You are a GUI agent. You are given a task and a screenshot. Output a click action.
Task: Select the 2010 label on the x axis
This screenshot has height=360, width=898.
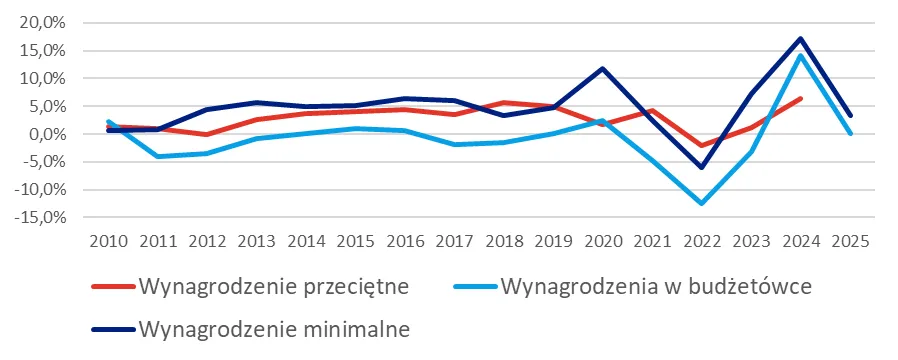click(107, 242)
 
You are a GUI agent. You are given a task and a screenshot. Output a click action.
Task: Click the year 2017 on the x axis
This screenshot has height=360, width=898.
click(455, 242)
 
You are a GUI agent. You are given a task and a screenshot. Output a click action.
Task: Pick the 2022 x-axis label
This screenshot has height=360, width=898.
click(703, 242)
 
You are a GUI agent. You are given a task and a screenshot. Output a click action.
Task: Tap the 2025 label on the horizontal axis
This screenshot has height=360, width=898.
click(851, 242)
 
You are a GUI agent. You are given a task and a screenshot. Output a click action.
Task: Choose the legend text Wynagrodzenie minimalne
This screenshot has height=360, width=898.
click(276, 327)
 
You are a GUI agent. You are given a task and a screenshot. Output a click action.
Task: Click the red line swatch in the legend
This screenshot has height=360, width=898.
click(113, 288)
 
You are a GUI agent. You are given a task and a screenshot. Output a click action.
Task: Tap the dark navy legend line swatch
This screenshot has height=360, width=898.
click(113, 328)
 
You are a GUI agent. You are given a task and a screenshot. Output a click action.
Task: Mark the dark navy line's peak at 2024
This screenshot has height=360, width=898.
click(800, 39)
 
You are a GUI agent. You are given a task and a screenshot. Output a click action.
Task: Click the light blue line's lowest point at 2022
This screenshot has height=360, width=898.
click(702, 203)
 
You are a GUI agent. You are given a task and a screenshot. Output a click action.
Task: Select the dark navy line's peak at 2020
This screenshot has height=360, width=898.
click(603, 69)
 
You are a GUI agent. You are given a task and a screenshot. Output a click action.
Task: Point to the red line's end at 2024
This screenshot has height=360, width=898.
click(800, 98)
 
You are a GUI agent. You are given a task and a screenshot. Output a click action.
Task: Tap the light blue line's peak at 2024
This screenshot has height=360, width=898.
click(800, 55)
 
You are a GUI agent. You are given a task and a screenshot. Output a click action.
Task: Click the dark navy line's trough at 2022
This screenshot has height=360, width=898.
click(702, 167)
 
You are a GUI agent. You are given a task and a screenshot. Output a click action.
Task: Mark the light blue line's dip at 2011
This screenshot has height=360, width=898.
click(157, 156)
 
